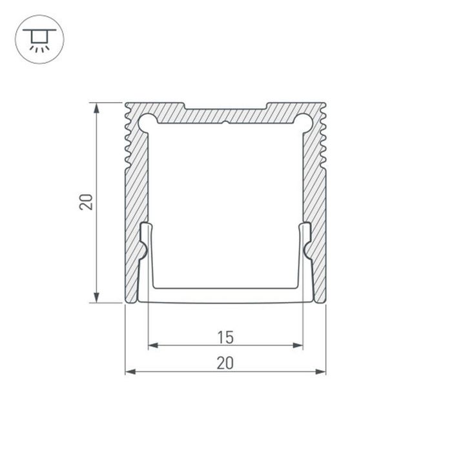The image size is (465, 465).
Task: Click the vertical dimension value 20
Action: (87, 201)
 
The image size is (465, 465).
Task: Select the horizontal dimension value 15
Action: (225, 336)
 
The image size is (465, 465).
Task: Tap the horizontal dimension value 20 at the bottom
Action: (225, 363)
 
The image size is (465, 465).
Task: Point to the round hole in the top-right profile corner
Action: (304, 121)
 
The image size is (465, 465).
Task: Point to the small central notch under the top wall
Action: (225, 123)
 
